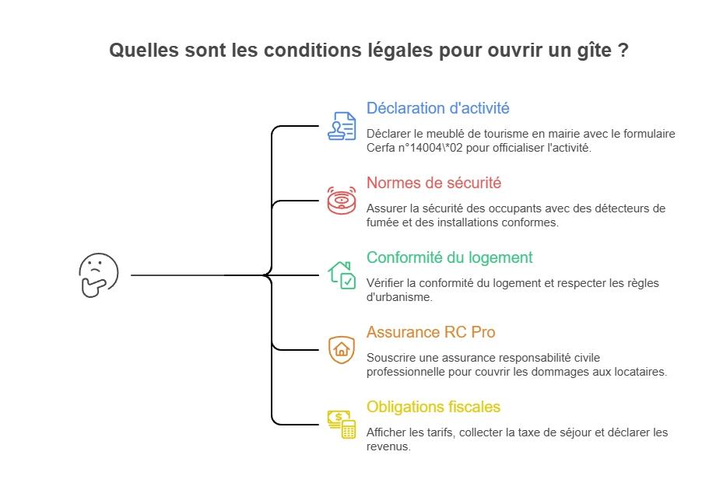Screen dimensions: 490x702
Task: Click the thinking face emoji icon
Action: [98, 275]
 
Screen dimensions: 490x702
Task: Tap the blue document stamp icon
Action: [342, 125]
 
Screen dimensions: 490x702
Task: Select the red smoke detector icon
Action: [342, 200]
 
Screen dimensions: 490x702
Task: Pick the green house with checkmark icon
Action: [342, 275]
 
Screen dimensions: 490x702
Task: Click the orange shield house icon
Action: [342, 349]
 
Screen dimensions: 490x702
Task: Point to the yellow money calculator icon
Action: [342, 424]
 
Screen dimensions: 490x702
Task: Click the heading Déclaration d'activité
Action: [437, 108]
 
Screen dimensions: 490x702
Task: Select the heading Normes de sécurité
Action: [433, 183]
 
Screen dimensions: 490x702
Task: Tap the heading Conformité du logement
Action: [449, 257]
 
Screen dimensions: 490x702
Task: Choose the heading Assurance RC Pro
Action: [430, 332]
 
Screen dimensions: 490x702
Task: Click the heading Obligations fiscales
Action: [433, 407]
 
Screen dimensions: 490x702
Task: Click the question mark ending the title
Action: [623, 51]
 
